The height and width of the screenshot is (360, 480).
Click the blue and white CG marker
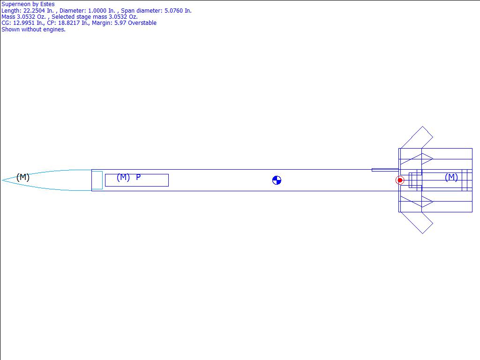[x=277, y=180]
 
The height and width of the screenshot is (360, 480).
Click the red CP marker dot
[x=400, y=180]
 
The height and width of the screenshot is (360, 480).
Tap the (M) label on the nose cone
[x=23, y=177]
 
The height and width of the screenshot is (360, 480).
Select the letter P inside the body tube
[x=138, y=177]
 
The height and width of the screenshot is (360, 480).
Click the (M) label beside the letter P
[x=123, y=177]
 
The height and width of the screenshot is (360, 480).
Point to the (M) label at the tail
[x=451, y=177]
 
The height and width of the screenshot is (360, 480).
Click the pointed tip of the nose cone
[x=2, y=180]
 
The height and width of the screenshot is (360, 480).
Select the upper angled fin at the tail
[x=417, y=137]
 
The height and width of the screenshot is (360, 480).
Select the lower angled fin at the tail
[x=417, y=223]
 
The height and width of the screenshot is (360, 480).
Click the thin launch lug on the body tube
[x=385, y=170]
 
